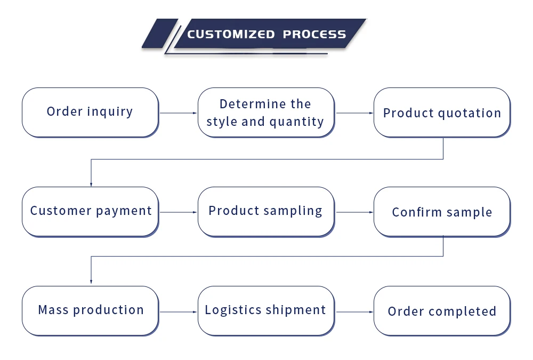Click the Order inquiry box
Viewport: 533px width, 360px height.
click(90, 112)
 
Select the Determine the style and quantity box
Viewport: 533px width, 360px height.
click(266, 112)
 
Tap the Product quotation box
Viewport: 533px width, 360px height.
click(442, 113)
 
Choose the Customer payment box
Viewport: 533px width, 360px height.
click(90, 211)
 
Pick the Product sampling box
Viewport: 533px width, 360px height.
click(266, 211)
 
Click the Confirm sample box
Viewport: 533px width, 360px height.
click(442, 212)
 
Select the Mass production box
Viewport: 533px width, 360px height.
click(90, 310)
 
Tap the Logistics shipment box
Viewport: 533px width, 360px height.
click(266, 310)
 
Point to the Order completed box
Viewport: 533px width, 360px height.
click(442, 311)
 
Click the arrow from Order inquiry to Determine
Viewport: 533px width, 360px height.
click(178, 113)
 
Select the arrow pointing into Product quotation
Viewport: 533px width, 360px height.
click(354, 113)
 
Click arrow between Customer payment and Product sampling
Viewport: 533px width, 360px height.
click(178, 212)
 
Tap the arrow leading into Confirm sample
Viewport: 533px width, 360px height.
click(354, 212)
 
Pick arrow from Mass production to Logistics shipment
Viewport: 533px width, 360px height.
click(178, 311)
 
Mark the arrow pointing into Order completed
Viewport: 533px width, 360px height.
click(354, 311)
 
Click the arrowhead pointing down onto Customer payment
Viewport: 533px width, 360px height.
click(91, 183)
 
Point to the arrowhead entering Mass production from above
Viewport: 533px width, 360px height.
click(91, 281)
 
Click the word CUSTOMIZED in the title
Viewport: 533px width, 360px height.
click(230, 35)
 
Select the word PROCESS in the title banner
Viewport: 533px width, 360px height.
click(314, 35)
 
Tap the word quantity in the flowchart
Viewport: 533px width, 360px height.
click(296, 122)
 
